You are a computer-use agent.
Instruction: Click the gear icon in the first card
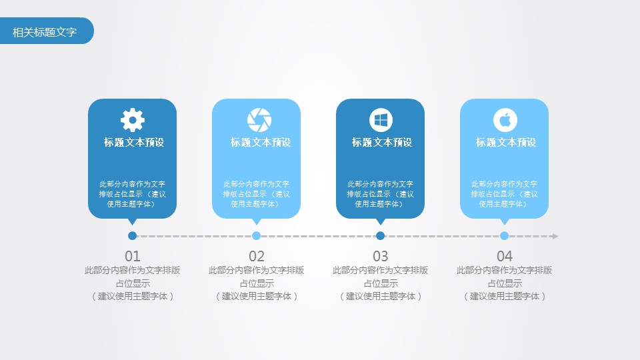click(132, 120)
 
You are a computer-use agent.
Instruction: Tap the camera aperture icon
click(259, 120)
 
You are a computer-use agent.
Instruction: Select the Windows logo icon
click(381, 120)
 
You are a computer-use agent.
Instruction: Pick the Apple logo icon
click(505, 120)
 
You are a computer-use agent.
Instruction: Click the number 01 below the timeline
click(133, 256)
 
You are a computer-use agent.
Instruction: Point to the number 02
click(257, 256)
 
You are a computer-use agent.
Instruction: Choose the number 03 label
click(381, 256)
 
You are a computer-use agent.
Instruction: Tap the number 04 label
click(505, 256)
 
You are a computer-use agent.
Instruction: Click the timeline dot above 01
click(133, 235)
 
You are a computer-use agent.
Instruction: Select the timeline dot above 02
click(257, 235)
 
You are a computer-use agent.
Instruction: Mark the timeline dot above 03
click(381, 235)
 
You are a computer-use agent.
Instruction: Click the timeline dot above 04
click(505, 235)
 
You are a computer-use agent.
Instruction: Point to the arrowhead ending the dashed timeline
click(555, 236)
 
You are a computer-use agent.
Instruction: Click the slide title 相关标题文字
click(45, 31)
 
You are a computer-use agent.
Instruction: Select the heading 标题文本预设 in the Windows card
click(382, 142)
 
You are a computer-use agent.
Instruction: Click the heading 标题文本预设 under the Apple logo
click(506, 142)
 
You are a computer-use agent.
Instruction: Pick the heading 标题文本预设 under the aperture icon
click(261, 142)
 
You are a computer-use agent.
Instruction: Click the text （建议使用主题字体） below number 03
click(381, 296)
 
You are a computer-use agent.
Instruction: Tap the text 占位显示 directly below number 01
click(133, 283)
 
